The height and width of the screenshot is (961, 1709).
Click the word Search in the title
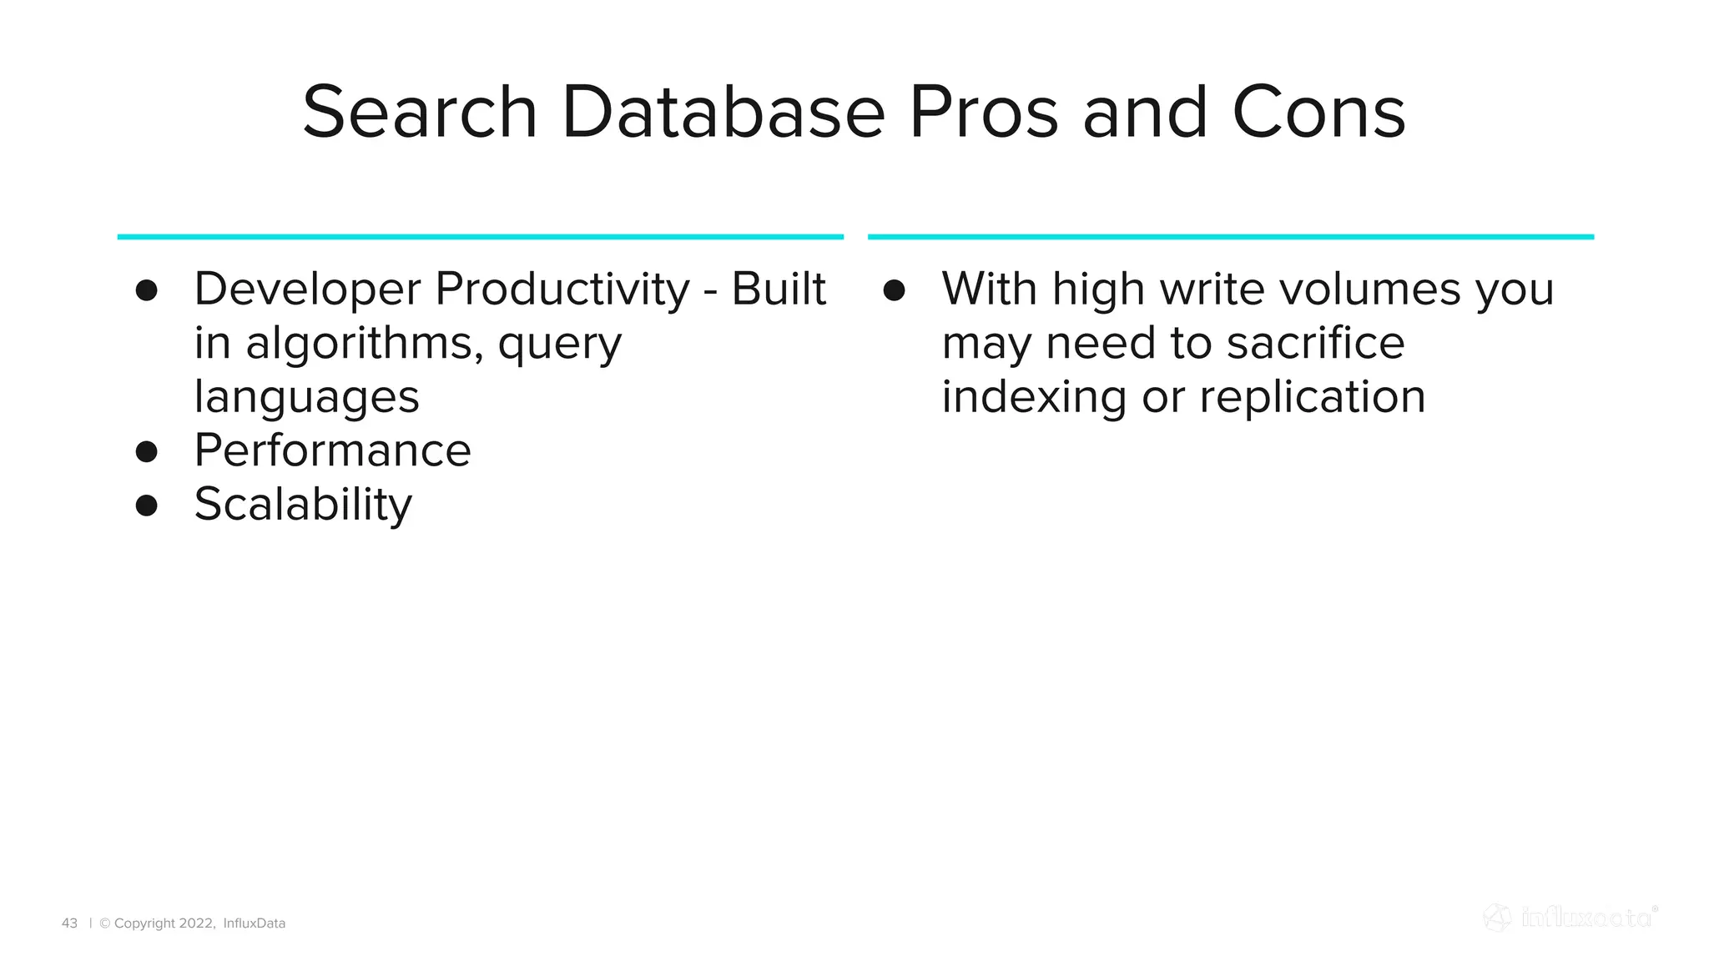[x=420, y=113]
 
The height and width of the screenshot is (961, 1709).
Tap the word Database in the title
[x=723, y=113]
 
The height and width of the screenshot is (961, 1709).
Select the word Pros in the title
[x=982, y=113]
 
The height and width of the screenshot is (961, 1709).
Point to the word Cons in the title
[x=1318, y=113]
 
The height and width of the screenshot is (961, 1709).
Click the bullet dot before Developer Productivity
[x=147, y=290]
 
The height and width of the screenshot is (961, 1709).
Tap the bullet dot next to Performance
[x=147, y=451]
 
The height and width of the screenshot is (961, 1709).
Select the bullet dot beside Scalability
[x=147, y=506]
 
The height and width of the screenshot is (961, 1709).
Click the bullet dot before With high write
[x=894, y=290]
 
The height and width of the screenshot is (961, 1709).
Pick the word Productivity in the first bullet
[x=562, y=290]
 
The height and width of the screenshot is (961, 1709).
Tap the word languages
[x=306, y=398]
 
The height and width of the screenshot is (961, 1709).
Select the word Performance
[x=332, y=451]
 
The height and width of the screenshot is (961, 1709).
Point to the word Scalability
[x=303, y=506]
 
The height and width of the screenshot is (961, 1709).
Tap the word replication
[x=1312, y=397]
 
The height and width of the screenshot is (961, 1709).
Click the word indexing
[x=1034, y=397]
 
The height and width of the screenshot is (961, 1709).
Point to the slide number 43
[x=69, y=923]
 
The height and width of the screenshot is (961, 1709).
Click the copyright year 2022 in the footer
[x=197, y=923]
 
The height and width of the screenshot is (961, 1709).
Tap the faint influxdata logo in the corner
[x=1570, y=918]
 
